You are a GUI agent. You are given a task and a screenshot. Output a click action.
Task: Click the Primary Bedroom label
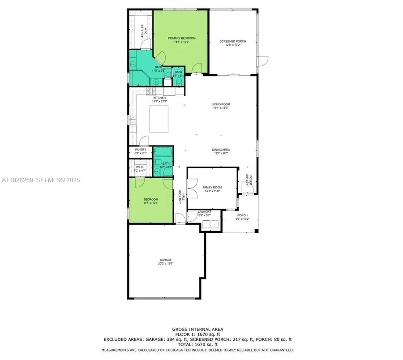[182, 39]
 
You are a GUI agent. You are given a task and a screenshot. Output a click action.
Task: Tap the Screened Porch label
[232, 42]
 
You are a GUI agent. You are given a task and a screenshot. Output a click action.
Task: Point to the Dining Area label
[221, 150]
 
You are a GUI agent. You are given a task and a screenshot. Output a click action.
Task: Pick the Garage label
[166, 260]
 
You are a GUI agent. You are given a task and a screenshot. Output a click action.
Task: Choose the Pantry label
[141, 150]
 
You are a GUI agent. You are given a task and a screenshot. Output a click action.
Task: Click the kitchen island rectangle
[159, 118]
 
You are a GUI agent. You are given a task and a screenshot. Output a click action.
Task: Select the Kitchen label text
[159, 98]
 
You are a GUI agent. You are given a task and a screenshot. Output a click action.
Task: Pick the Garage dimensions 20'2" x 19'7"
[166, 264]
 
